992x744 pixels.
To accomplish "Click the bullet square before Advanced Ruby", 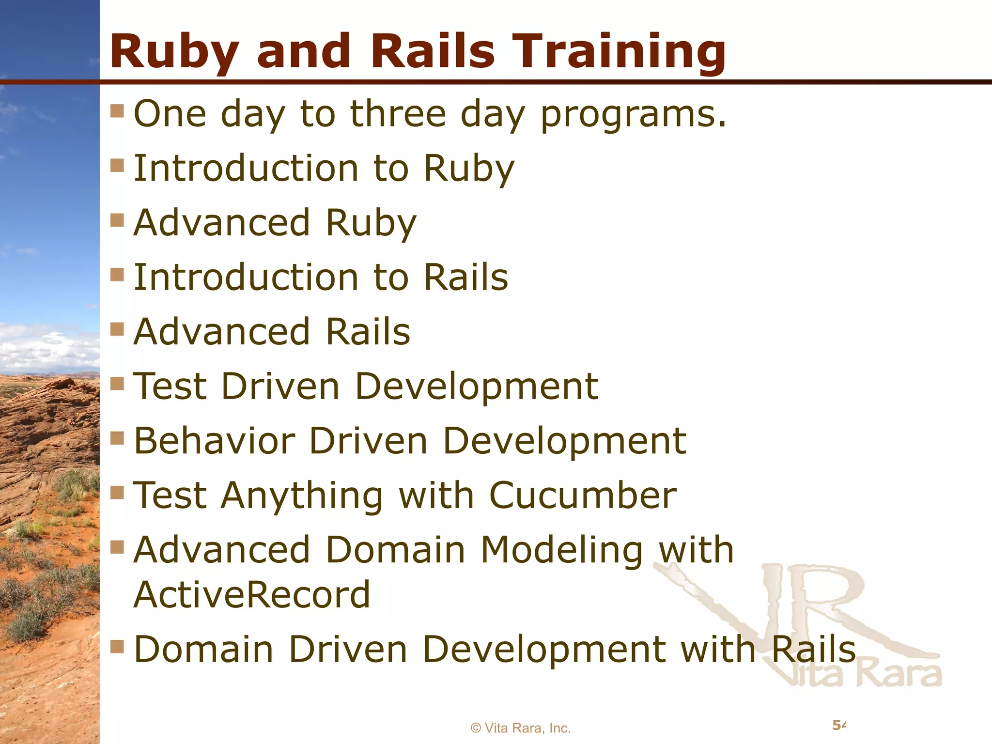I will (x=117, y=220).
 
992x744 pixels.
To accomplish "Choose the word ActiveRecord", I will (x=252, y=594).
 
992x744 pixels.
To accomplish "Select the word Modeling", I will (x=562, y=550).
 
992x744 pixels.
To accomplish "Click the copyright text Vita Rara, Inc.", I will (x=521, y=728).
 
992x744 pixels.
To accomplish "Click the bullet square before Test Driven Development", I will (x=117, y=384).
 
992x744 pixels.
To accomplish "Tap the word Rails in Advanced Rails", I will (x=368, y=332).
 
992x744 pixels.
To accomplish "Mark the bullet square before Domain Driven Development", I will (x=117, y=646).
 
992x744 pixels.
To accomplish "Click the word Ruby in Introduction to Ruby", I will (x=469, y=169).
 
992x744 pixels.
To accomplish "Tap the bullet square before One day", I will (x=117, y=111).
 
